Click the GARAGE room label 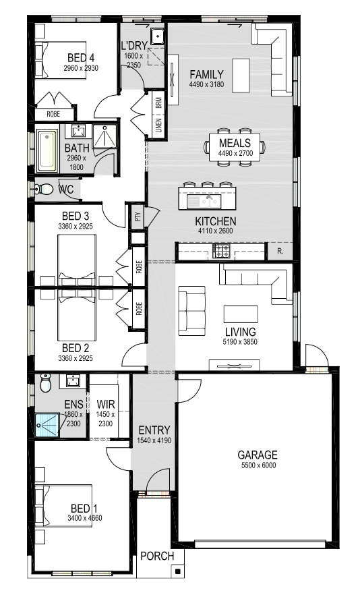click(x=258, y=455)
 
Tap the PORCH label click(x=157, y=556)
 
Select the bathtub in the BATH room click(x=47, y=151)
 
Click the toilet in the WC click(x=44, y=189)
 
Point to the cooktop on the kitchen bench click(x=221, y=251)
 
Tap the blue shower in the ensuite click(x=47, y=426)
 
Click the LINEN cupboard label click(x=158, y=125)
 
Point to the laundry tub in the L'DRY click(x=158, y=36)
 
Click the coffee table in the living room click(x=241, y=314)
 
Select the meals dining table click(x=235, y=147)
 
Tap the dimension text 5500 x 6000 click(x=259, y=465)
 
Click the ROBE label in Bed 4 click(x=53, y=114)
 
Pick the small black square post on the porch click(x=177, y=571)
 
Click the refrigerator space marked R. click(x=280, y=252)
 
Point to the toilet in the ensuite click(x=45, y=382)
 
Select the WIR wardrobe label click(x=106, y=404)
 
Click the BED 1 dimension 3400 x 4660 click(x=85, y=518)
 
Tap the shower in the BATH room click(x=104, y=136)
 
